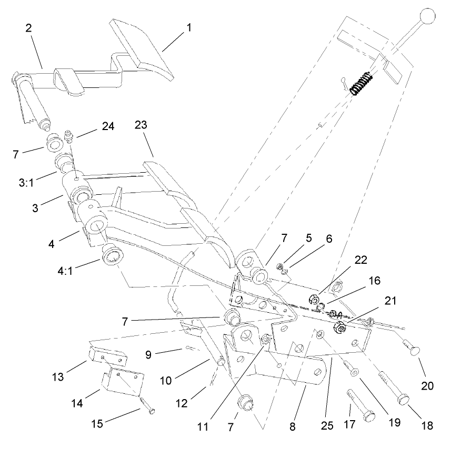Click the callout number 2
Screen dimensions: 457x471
click(28, 28)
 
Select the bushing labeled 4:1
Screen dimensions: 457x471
click(113, 255)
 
